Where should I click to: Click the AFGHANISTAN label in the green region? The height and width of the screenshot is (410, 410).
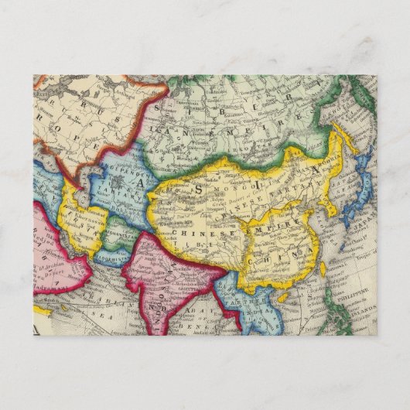116,231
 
